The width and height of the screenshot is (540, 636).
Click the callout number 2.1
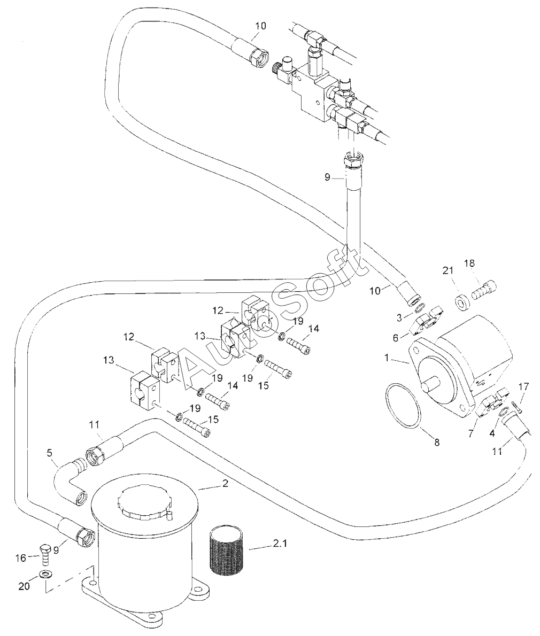click(x=280, y=544)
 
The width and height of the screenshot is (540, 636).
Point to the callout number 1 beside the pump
click(x=387, y=358)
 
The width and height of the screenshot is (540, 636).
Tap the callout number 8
click(x=437, y=443)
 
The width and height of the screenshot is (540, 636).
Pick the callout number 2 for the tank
click(x=226, y=484)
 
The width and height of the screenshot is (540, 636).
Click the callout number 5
click(x=50, y=453)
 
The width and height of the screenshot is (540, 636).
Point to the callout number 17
click(x=524, y=387)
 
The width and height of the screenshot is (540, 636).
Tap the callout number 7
click(x=470, y=433)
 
